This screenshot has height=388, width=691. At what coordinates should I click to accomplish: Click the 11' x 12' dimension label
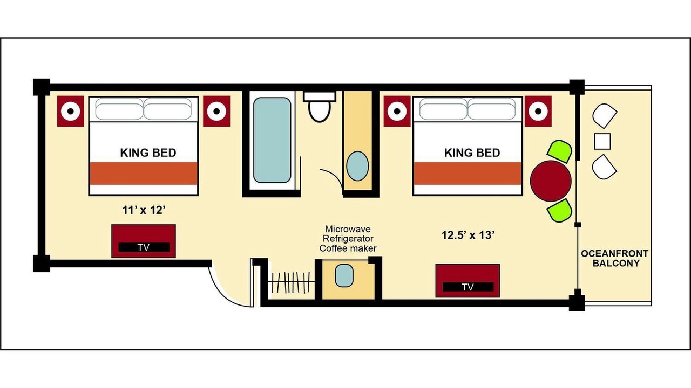[144, 210]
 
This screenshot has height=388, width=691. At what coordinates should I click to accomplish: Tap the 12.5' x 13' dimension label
[468, 235]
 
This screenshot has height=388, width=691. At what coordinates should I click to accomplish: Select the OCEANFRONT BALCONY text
[614, 258]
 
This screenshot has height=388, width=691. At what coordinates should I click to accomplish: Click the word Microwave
[348, 229]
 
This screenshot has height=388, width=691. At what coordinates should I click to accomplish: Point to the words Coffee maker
[348, 248]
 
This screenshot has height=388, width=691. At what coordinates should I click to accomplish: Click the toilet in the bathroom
[320, 106]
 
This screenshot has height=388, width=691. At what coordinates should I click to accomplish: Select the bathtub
[272, 140]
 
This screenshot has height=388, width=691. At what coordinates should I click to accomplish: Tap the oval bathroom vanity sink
[357, 166]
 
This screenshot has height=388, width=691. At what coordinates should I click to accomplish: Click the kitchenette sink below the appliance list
[344, 275]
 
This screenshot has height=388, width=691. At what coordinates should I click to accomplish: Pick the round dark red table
[551, 181]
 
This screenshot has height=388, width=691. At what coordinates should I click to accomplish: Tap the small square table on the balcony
[602, 141]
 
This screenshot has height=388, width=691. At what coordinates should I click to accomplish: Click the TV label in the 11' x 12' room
[144, 247]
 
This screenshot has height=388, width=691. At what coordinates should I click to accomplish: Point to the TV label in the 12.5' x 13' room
[468, 287]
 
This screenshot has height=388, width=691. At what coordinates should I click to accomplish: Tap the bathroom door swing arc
[335, 177]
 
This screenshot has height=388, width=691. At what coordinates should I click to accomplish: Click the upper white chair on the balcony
[604, 116]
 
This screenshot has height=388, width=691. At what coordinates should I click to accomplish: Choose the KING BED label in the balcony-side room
[472, 153]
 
